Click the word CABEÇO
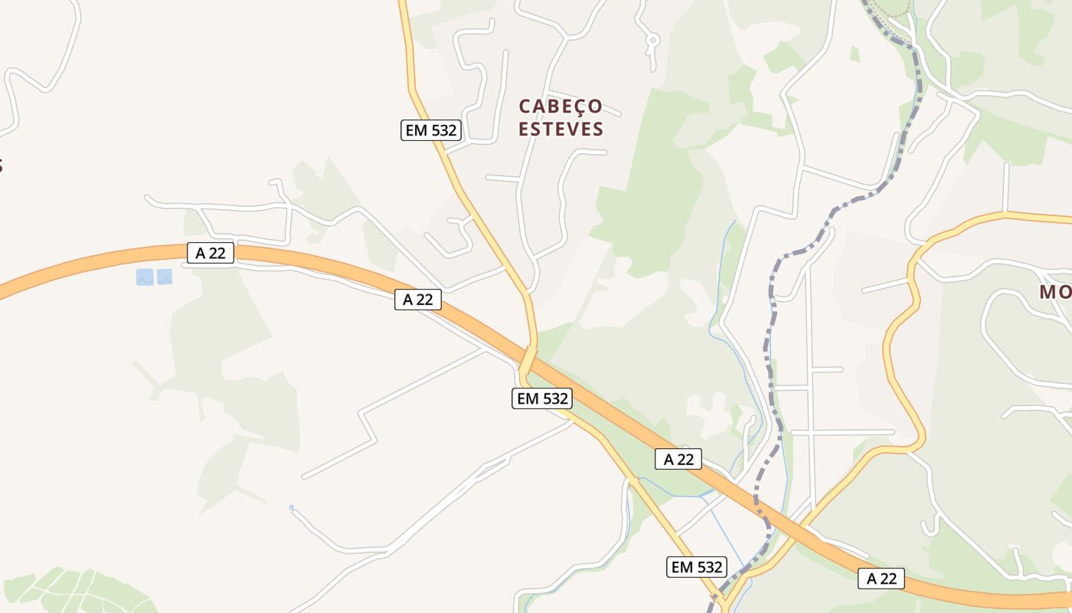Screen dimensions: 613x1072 coord(561,106)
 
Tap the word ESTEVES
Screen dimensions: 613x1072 coord(561,129)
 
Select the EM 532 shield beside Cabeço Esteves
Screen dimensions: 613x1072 coord(431,130)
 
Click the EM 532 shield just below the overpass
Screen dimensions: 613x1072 coord(541,398)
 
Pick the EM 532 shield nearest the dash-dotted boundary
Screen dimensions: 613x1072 coord(696,567)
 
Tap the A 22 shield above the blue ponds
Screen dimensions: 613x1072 coord(211,253)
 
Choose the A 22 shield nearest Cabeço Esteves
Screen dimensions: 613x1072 coord(418,300)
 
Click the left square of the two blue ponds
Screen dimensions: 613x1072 coord(145,277)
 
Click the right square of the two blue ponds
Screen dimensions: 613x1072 coord(165,277)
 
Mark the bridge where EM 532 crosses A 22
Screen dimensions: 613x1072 coord(528,359)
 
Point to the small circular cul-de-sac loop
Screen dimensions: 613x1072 coord(652,39)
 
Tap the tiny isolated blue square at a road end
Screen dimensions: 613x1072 coord(292,507)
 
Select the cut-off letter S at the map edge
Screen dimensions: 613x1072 coord(2,166)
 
